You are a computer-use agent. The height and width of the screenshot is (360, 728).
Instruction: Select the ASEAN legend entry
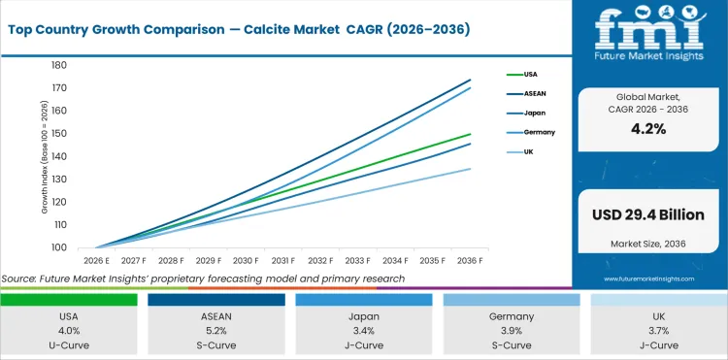click(534, 93)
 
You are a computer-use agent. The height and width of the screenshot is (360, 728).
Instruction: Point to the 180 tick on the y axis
click(59, 65)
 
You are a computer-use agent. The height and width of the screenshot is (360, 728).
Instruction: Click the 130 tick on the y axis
click(59, 180)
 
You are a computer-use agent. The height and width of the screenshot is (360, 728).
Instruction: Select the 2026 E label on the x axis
click(95, 261)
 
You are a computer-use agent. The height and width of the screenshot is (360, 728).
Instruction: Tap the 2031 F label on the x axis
click(284, 261)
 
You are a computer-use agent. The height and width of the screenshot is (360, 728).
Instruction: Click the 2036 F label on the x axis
click(471, 261)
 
